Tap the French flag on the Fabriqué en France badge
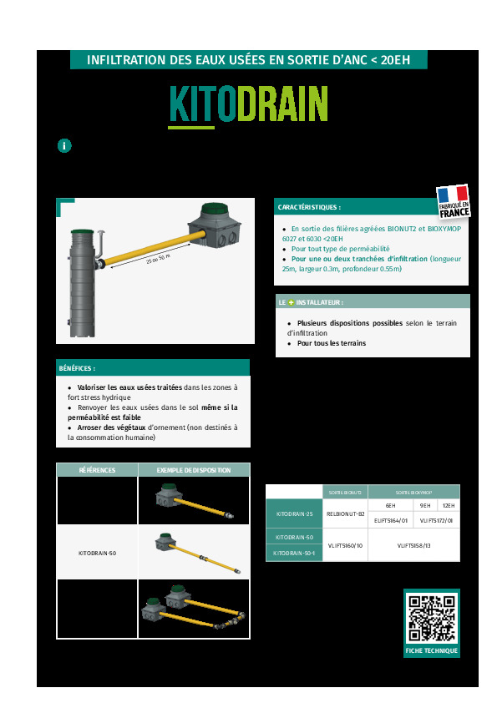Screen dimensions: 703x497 pos(453,195)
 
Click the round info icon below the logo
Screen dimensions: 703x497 pos(64,145)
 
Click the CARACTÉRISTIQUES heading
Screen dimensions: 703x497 pos(309,207)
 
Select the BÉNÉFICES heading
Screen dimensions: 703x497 pos(77,367)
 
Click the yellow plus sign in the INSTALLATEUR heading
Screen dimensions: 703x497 pos(291,302)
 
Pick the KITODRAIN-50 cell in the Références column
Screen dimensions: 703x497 pos(97,553)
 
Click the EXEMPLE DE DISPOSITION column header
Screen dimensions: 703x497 pos(193,470)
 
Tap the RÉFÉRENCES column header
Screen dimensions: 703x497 pos(97,470)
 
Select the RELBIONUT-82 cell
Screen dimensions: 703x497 pos(345,514)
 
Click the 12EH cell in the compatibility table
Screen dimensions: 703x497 pos(449,506)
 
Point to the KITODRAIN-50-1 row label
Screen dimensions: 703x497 pos(294,553)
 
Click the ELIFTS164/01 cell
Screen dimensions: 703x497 pos(391,520)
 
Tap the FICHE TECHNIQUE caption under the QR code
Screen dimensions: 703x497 pos(431,650)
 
